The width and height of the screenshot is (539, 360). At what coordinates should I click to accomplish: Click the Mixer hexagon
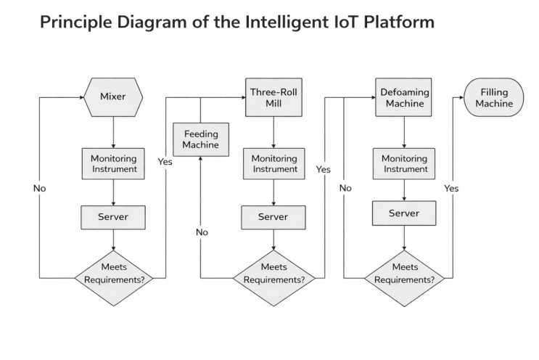113,97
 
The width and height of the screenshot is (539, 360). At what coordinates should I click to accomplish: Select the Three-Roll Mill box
273,97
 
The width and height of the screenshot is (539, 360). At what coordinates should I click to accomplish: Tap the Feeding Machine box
200,139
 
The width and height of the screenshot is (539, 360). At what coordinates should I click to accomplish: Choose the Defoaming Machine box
404,97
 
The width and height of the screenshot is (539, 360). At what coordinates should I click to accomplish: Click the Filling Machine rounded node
495,97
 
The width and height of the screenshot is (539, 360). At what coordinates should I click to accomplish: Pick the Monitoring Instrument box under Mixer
113,164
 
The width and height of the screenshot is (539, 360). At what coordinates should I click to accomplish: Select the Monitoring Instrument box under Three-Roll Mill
273,164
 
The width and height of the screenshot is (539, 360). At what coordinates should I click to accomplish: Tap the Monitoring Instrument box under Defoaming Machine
405,164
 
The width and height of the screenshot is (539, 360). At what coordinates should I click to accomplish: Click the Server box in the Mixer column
113,216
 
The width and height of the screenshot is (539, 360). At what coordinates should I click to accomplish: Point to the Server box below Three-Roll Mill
273,216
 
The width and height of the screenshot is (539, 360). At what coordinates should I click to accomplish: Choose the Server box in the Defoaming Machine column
404,213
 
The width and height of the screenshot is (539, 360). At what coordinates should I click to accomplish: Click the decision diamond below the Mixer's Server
115,273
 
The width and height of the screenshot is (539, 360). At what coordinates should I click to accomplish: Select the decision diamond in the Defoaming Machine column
404,273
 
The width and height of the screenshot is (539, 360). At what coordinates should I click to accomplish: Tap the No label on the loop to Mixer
39,188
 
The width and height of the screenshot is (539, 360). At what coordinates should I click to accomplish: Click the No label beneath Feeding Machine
202,232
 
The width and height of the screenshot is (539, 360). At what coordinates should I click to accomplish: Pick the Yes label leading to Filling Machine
451,188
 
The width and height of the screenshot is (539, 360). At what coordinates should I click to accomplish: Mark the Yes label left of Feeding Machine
165,162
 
